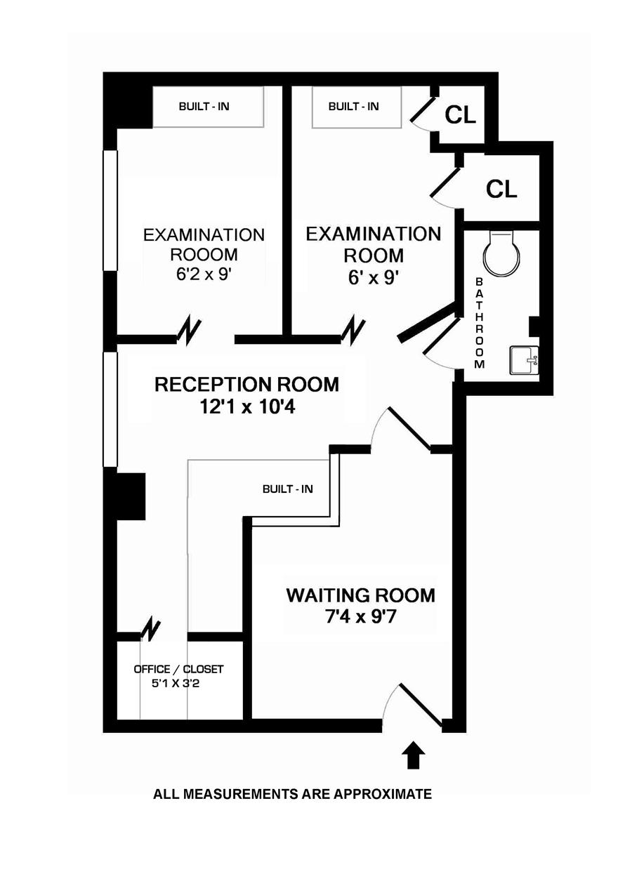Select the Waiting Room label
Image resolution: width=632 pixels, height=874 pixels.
(360, 595)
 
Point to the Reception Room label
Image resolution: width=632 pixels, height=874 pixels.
(246, 385)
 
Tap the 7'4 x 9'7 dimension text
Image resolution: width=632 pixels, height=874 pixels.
(360, 618)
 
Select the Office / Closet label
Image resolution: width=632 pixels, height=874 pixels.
(178, 669)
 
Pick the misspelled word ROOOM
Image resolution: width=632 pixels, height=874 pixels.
(204, 254)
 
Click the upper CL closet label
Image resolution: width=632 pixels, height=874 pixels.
(461, 116)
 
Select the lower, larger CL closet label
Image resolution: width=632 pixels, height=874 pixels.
(502, 188)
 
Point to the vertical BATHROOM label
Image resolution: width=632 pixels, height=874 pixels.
(480, 323)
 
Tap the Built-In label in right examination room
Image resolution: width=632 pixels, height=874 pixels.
(353, 107)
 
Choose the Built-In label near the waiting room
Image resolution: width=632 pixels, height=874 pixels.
(287, 489)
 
